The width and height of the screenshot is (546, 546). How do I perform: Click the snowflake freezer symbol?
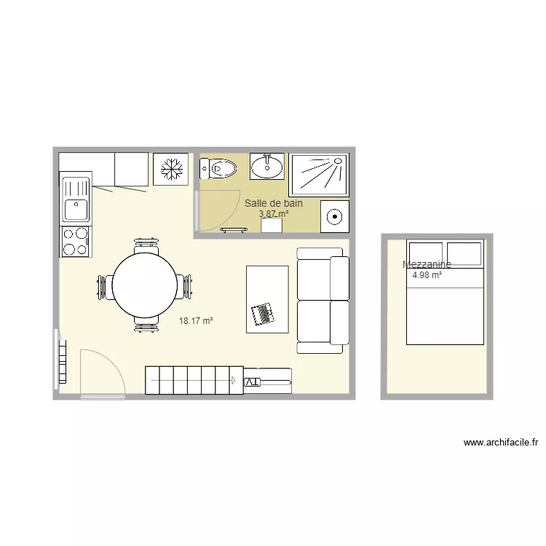tap(170, 170)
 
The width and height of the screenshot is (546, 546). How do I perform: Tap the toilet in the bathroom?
tap(218, 170)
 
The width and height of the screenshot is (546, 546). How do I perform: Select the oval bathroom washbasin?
tap(267, 167)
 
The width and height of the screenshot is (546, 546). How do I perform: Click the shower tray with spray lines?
tap(319, 174)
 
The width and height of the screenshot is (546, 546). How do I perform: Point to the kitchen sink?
tap(76, 201)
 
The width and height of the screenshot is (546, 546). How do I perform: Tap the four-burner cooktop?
tap(76, 242)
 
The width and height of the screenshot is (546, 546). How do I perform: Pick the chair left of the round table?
tap(103, 286)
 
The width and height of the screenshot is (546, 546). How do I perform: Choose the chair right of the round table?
tap(188, 286)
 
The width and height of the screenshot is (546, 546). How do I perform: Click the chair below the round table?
tap(146, 325)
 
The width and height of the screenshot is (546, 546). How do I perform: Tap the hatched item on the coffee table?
tap(261, 314)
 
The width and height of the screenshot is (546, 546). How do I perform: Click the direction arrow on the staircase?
tap(233, 380)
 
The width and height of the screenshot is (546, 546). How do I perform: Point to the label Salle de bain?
tap(274, 203)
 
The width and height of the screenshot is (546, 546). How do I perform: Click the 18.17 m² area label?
tap(197, 320)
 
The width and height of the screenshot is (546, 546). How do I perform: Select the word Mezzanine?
tap(427, 265)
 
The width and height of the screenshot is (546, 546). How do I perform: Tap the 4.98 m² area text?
tap(427, 275)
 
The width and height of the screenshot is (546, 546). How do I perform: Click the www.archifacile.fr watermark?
tap(500, 442)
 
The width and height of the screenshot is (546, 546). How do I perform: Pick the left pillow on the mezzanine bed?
tap(425, 253)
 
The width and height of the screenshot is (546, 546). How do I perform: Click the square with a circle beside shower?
tap(334, 215)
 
